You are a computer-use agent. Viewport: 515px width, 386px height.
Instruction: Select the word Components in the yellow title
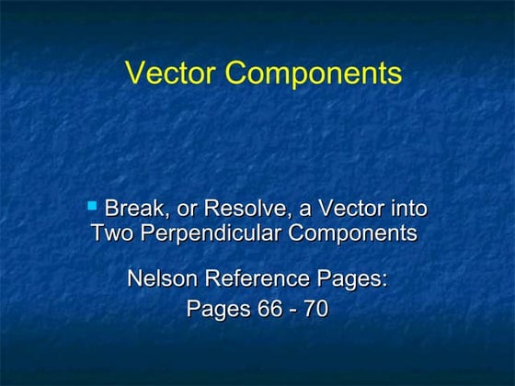[x=309, y=74]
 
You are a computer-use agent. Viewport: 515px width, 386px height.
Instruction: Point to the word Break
[x=134, y=209]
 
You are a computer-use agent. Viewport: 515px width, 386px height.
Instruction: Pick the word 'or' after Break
[x=187, y=210]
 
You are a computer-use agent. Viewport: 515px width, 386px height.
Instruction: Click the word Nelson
[x=162, y=278]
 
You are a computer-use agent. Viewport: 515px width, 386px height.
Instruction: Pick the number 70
[x=315, y=309]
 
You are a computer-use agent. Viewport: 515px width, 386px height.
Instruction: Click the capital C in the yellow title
[x=234, y=73]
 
